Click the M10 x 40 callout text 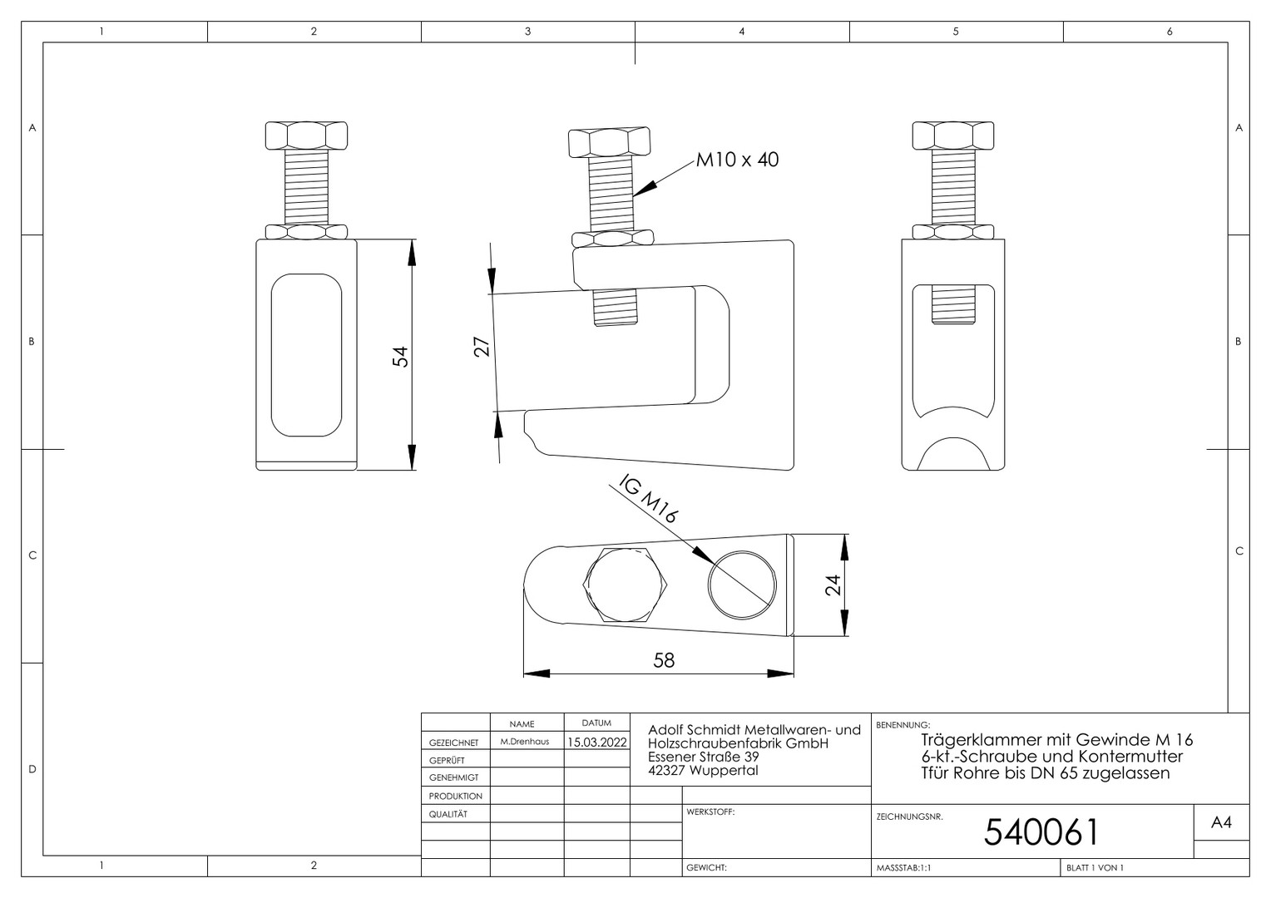point(737,160)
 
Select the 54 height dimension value point(401,356)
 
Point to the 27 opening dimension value point(481,347)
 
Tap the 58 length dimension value point(664,660)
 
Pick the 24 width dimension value point(833,585)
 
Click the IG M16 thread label point(649,498)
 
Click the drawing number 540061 point(1041,832)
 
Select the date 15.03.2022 point(597,742)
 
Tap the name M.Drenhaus point(525,742)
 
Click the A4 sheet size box point(1221,822)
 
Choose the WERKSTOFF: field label point(710,812)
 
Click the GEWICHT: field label point(706,868)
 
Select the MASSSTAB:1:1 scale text point(904,868)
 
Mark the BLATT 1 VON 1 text point(1095,868)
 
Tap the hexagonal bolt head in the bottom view point(626,585)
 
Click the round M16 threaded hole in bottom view point(742,585)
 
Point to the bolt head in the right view point(953,136)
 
